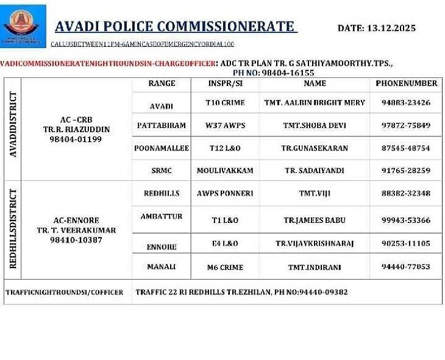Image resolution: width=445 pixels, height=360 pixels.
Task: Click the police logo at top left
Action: point(23,25)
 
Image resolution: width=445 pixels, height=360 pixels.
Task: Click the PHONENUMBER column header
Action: point(406,83)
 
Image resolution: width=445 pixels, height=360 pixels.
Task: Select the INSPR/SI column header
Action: point(225,83)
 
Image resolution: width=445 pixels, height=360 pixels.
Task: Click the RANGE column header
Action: point(162,83)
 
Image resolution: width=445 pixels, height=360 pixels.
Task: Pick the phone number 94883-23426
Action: point(406,102)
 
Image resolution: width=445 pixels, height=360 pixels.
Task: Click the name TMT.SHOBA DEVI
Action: point(315,125)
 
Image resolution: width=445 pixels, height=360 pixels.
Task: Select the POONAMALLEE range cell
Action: point(162,148)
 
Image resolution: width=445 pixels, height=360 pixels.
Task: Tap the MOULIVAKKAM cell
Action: point(225,171)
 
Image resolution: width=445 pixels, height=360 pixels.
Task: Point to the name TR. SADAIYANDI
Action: point(315,171)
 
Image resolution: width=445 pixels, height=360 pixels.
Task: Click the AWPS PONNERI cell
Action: point(225,193)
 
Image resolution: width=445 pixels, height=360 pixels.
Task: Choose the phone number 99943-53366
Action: point(406,220)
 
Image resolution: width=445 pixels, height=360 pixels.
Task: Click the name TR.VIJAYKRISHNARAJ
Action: point(315,244)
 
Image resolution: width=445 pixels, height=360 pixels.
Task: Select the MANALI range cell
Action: point(162,267)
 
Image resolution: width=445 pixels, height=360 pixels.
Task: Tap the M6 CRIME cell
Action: point(225,267)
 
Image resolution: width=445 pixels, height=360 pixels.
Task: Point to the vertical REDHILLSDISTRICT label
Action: point(13,228)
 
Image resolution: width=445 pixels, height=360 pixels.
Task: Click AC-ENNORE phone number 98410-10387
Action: point(76,240)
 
